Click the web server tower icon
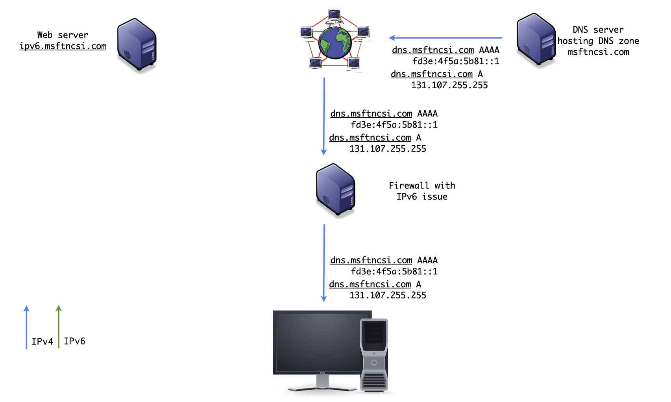click(137, 45)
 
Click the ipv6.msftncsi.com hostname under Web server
click(63, 46)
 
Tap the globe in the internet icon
click(335, 43)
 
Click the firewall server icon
click(336, 190)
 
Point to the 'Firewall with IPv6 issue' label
click(422, 191)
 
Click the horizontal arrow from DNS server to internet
click(445, 38)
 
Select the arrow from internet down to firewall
click(324, 116)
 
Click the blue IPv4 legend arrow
click(26, 327)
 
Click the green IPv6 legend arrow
click(59, 327)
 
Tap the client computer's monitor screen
click(317, 341)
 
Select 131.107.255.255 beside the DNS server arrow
click(449, 85)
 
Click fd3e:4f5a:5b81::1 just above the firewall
click(394, 125)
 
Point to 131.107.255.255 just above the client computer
click(388, 295)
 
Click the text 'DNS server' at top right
click(598, 30)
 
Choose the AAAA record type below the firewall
click(427, 260)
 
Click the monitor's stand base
click(322, 389)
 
